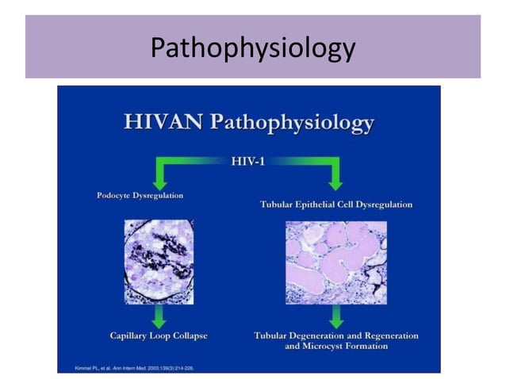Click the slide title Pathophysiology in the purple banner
tap(252, 48)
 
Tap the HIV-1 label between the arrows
tap(247, 162)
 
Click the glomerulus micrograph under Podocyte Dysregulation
tap(159, 262)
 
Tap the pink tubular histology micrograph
tap(335, 262)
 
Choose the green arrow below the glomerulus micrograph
tap(159, 316)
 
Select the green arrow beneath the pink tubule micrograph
tap(335, 316)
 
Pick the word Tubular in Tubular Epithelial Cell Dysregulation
tap(278, 205)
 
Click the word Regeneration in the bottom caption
tap(390, 335)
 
